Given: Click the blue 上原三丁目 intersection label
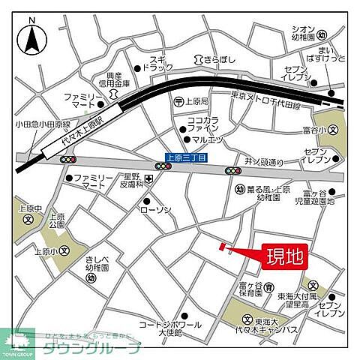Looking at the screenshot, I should click(x=185, y=157).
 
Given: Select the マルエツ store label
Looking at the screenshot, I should click(x=205, y=139).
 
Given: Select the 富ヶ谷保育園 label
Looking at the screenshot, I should click(x=253, y=289).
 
